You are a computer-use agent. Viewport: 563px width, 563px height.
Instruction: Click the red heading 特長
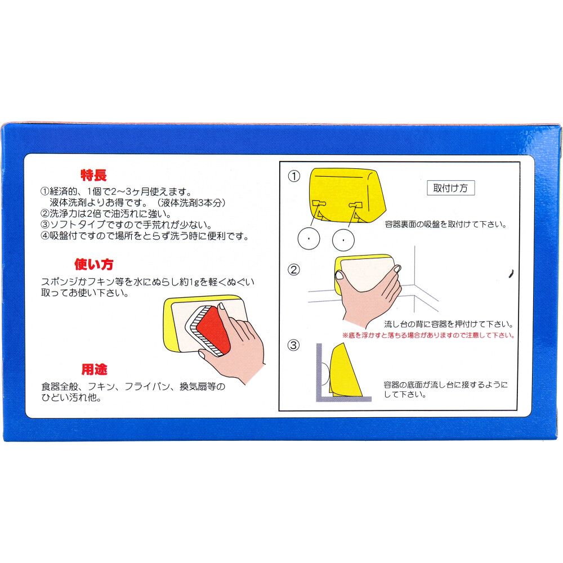pos(93,175)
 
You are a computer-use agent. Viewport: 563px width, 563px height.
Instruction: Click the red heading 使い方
pos(93,264)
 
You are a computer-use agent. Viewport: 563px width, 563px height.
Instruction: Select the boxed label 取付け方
pos(450,188)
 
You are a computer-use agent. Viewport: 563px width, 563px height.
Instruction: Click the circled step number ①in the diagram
pos(294,176)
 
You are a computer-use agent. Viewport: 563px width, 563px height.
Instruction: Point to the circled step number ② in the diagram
pos(294,269)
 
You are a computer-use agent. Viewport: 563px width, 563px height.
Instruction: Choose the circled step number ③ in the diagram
pos(294,345)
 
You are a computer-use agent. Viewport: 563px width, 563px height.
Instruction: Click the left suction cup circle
pos(309,239)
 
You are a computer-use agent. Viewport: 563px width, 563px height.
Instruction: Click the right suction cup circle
pos(343,239)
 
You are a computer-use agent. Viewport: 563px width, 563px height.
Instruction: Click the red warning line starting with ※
pos(428,335)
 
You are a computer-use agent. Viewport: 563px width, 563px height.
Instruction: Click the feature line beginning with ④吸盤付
pos(145,236)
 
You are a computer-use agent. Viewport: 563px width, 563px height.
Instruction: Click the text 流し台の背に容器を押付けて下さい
pos(448,324)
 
